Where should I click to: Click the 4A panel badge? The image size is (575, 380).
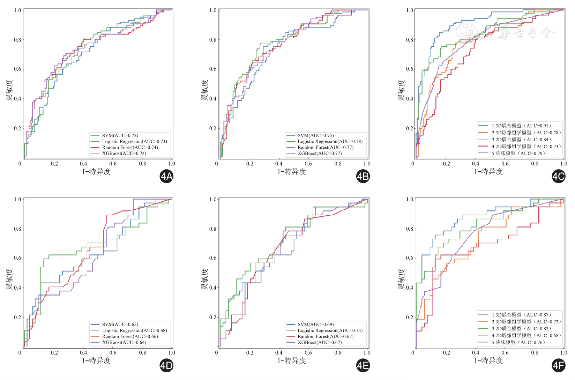click(166, 177)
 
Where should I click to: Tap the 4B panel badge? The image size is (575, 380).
click(363, 177)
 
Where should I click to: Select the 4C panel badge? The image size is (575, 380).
click(558, 177)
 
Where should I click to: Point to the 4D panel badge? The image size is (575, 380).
click(166, 366)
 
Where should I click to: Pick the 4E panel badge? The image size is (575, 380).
click(363, 366)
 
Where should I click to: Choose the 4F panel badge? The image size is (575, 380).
click(558, 366)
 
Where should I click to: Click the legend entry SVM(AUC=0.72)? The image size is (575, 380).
click(120, 135)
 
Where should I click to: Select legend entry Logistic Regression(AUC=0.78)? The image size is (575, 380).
click(330, 141)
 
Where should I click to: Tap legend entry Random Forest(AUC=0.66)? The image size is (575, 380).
click(130, 336)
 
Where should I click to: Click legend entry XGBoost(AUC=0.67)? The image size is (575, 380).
click(320, 342)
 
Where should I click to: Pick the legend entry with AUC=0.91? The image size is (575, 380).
click(521, 126)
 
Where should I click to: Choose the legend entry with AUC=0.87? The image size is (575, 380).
click(521, 315)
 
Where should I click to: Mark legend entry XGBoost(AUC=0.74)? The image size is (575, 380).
click(124, 153)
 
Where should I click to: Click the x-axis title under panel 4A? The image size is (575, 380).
click(96, 172)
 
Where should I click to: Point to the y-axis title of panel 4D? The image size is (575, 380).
click(9, 279)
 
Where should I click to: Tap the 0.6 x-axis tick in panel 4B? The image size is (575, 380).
click(308, 164)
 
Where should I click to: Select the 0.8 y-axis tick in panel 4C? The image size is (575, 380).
click(410, 40)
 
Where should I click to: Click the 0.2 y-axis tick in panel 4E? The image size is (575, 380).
click(213, 318)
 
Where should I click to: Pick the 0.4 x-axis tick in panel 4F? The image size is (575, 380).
click(476, 353)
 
